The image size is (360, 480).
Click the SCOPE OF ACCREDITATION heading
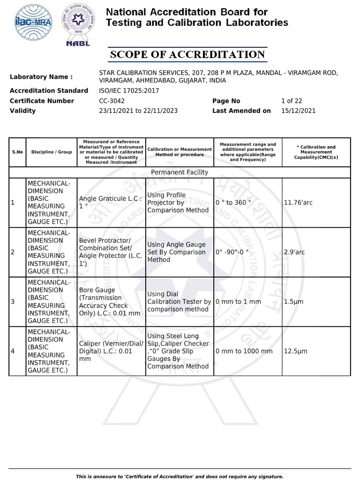pyautogui.click(x=187, y=55)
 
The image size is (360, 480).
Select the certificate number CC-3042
pyautogui.click(x=112, y=101)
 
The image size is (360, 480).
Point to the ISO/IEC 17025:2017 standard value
pyautogui.click(x=129, y=90)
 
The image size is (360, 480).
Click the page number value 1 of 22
pyautogui.click(x=292, y=101)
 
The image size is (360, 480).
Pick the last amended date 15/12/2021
pyautogui.click(x=298, y=111)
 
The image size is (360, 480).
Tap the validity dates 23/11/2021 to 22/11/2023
pyautogui.click(x=138, y=111)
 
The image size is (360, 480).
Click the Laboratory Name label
pyautogui.click(x=41, y=77)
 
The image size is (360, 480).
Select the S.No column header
pyautogui.click(x=17, y=152)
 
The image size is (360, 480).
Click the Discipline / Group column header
pyautogui.click(x=52, y=152)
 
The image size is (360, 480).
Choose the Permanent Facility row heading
pyautogui.click(x=180, y=172)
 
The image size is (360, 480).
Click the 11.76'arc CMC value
pyautogui.click(x=297, y=202)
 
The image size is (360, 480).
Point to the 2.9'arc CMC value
pyautogui.click(x=294, y=252)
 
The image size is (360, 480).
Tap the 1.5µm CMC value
pyautogui.click(x=293, y=301)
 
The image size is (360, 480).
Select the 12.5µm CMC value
pyautogui.click(x=295, y=351)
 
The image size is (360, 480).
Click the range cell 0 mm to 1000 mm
pyautogui.click(x=244, y=351)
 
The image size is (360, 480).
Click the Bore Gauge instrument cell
pyautogui.click(x=110, y=301)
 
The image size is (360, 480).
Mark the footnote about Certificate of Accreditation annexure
pyautogui.click(x=180, y=476)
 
